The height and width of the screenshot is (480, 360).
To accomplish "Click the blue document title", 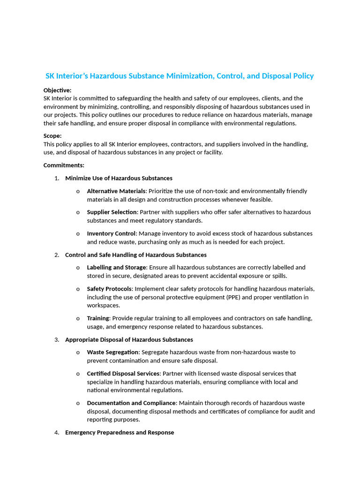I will click(x=180, y=76).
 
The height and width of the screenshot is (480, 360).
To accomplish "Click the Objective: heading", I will click(x=58, y=90).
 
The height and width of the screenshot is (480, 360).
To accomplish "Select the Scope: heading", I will click(x=52, y=135).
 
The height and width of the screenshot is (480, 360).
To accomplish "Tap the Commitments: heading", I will click(x=64, y=165).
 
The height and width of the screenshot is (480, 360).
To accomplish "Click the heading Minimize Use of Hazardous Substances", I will click(x=119, y=178).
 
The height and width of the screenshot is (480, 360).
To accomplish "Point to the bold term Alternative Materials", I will click(x=117, y=191).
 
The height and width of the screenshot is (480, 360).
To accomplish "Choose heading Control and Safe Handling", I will click(x=135, y=255).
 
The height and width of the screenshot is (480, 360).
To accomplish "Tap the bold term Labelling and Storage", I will click(x=117, y=268).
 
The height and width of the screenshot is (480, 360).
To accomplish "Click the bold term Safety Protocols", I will click(x=109, y=289).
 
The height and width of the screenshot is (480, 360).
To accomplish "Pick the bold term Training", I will click(x=98, y=318).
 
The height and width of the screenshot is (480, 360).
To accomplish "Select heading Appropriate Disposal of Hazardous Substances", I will click(x=129, y=339).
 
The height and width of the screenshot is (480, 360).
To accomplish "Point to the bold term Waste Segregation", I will click(x=113, y=352).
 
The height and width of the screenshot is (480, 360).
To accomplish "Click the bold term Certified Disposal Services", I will click(x=123, y=374).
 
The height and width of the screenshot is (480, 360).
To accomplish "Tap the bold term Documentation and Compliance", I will click(x=131, y=403).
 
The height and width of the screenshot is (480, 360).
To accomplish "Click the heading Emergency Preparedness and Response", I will click(x=120, y=432).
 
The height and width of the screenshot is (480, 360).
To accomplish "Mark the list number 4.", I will click(x=57, y=432).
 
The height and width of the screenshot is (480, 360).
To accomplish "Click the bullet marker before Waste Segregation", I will click(x=77, y=352).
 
